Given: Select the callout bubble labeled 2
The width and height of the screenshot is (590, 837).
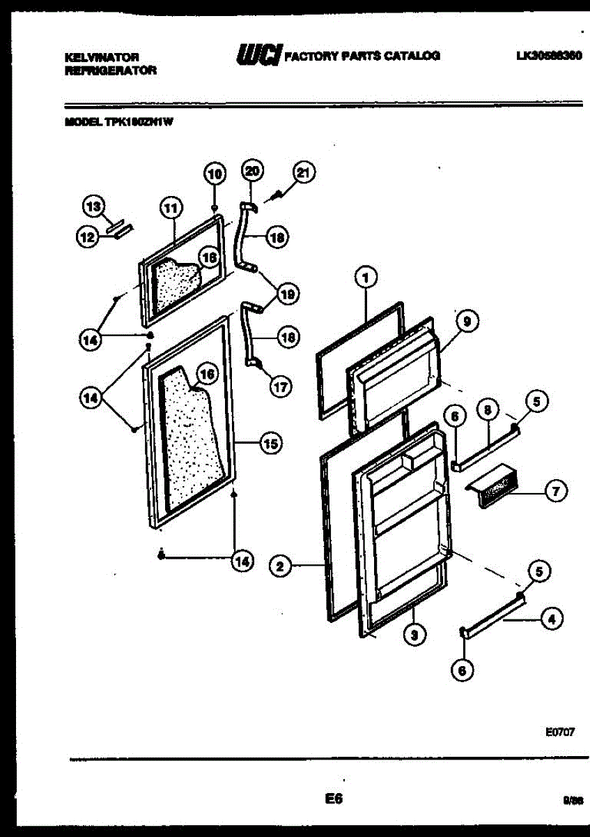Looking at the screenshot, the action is click(279, 566).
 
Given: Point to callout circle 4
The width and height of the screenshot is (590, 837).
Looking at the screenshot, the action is click(552, 618).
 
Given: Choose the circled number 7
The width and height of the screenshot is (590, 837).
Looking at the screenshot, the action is click(555, 492).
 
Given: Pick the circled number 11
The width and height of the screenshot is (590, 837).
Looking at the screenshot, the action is click(170, 206).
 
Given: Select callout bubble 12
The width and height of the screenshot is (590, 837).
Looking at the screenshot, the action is click(87, 238).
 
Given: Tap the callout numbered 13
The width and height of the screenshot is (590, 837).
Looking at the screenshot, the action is click(93, 206).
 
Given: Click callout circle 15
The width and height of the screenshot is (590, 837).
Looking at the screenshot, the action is click(270, 442).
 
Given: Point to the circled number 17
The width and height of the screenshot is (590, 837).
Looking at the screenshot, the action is click(280, 388).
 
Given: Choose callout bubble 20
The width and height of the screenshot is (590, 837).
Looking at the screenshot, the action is click(251, 171).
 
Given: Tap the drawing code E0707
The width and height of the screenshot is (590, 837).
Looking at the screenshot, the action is click(559, 733).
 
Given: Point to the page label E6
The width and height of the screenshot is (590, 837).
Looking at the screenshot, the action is click(334, 799).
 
